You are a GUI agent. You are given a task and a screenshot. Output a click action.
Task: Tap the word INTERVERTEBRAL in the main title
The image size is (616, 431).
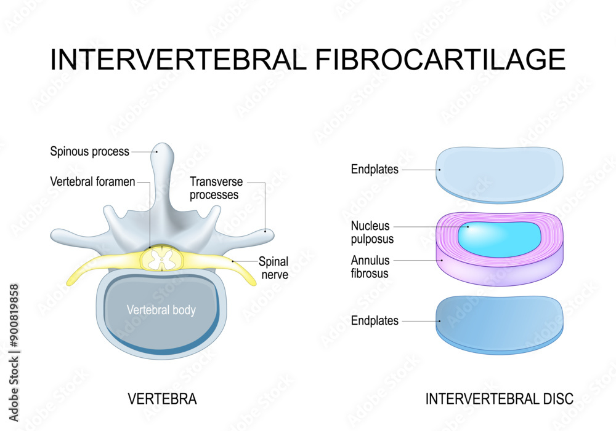click(176, 60)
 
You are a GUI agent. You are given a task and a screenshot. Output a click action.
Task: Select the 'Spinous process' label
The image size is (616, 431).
click(89, 151)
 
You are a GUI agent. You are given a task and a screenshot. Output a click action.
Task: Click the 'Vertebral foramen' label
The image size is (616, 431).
click(92, 182)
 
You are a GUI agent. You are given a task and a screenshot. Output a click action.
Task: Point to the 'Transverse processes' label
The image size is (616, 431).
click(216, 188)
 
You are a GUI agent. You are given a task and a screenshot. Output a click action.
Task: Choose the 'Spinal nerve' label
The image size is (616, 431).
click(273, 267)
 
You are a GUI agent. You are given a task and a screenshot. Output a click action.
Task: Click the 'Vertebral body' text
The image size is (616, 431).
click(161, 310)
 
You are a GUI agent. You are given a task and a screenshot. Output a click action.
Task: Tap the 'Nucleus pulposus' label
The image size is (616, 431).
click(370, 232)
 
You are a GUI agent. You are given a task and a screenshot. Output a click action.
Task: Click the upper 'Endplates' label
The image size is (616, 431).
click(375, 170)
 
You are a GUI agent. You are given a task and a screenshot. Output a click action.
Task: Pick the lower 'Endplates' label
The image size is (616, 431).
click(375, 320)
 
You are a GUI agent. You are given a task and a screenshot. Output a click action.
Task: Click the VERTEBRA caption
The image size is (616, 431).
click(162, 399)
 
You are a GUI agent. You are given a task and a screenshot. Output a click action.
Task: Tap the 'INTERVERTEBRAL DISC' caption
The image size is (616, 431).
click(499, 399)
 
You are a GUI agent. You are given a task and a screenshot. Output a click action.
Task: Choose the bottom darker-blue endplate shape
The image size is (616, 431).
click(499, 323)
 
